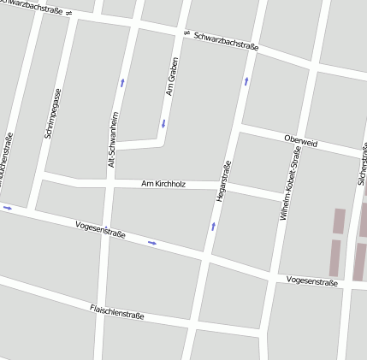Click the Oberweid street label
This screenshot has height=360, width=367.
pyautogui.click(x=300, y=141)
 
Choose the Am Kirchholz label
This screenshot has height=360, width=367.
pyautogui.click(x=163, y=183)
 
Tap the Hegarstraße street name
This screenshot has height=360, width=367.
pyautogui.click(x=223, y=180)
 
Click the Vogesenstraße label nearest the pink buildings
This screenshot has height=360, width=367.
pyautogui.click(x=312, y=280)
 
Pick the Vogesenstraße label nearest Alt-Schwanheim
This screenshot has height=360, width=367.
pyautogui.click(x=100, y=228)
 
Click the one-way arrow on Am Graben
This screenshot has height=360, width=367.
pyautogui.click(x=163, y=124)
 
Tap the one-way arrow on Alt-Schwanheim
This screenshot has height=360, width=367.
pyautogui.click(x=122, y=83)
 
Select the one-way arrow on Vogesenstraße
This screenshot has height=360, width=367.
pyautogui.click(x=152, y=243)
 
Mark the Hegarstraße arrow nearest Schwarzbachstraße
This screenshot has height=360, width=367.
pyautogui.click(x=246, y=81)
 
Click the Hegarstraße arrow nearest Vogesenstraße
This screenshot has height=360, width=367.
pyautogui.click(x=213, y=227)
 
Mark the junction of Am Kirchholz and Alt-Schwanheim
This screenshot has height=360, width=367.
pyautogui.click(x=110, y=183)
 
